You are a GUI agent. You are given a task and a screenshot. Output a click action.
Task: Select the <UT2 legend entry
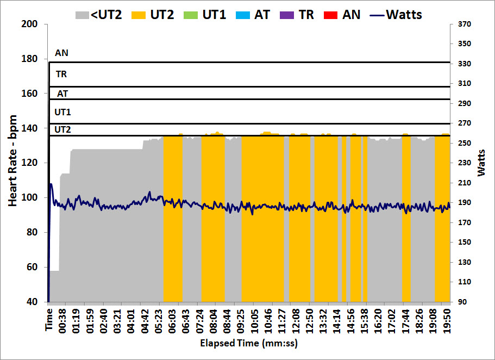coord(98,14)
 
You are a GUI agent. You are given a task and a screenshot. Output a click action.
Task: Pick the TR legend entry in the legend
coord(298,14)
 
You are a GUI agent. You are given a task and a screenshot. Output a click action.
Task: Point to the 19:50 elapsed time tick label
coord(447,321)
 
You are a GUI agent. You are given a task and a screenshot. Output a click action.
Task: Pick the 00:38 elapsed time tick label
coord(64,321)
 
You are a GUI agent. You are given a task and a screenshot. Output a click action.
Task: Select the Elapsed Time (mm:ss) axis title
coord(249,344)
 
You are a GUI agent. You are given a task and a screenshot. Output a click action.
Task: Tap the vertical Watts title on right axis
coord(482,162)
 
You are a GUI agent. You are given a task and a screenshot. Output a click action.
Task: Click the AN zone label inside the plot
coord(61,53)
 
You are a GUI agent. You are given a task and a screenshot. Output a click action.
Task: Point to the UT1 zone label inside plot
coord(62,112)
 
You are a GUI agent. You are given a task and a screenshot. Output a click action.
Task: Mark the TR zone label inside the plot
coord(61,73)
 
